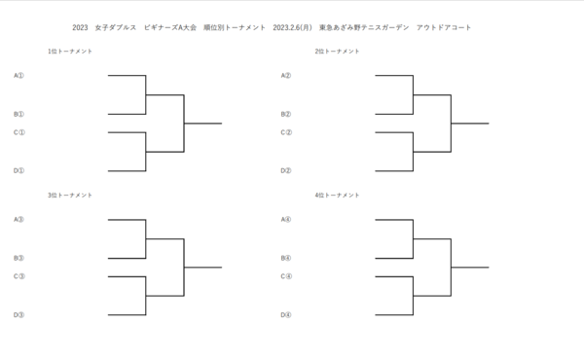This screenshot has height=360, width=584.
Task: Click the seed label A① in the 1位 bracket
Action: pos(19,75)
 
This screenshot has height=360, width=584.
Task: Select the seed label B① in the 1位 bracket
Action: pos(19,114)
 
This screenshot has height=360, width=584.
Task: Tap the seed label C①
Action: pos(19,132)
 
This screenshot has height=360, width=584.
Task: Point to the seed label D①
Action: pos(19,170)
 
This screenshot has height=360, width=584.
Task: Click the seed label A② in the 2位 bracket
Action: pos(286,75)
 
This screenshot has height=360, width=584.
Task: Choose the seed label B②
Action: pos(286,114)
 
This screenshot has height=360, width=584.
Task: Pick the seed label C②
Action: pos(286,132)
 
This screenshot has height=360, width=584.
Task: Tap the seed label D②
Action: pos(286,170)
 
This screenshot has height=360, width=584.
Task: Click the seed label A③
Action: pos(19,219)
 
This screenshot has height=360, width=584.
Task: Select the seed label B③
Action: pos(19,258)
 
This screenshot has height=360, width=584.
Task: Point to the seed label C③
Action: pos(19,276)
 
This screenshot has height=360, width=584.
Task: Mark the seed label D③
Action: pos(19,314)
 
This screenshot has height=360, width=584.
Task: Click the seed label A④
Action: pos(286,219)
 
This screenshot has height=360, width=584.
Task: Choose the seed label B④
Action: pos(286,258)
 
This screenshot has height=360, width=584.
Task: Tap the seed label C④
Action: pos(286,276)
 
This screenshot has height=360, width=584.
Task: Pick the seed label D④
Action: pos(286,314)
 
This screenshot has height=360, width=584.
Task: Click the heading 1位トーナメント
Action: pos(70,51)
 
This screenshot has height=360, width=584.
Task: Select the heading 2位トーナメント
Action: pos(337,51)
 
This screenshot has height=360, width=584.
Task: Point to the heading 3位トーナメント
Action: pos(70,196)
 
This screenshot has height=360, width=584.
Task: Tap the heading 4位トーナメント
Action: pos(337,196)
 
